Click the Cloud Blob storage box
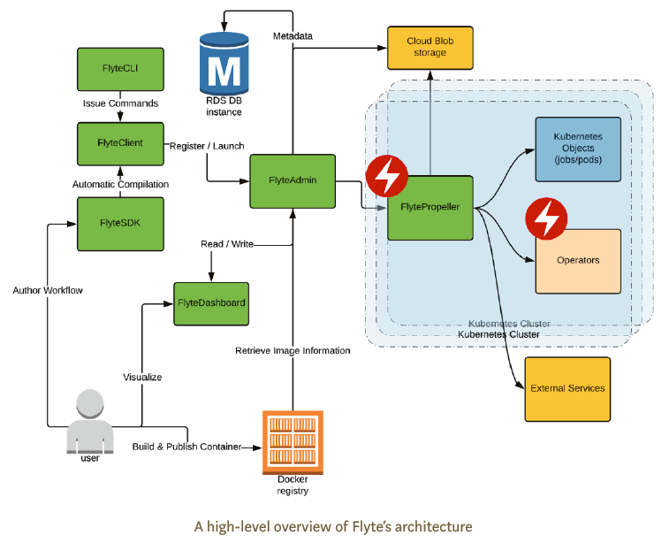pos(430,48)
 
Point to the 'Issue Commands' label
pos(120,103)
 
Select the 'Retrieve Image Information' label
pos(293,351)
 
